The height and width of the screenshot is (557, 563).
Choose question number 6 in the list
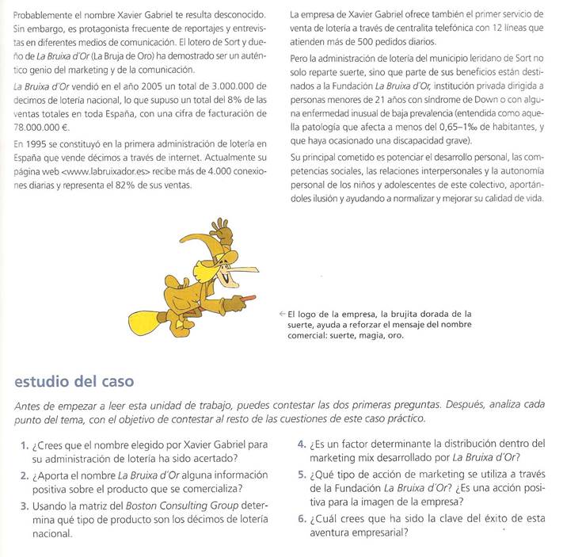click(302, 519)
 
